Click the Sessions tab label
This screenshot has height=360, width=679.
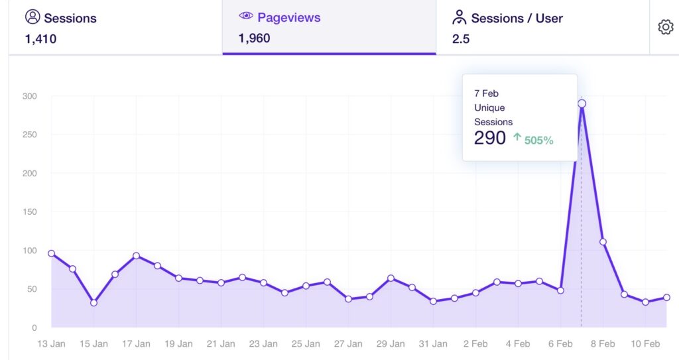(x=70, y=18)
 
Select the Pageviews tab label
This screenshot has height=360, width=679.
(x=288, y=18)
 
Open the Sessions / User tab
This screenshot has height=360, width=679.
(x=517, y=18)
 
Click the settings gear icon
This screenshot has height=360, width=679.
(x=665, y=27)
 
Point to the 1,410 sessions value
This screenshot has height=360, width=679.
(x=40, y=39)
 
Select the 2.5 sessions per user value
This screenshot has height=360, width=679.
(x=461, y=39)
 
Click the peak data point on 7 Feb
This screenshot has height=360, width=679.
(x=582, y=103)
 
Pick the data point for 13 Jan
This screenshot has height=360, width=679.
(x=52, y=253)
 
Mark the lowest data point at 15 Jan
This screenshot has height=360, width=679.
(x=93, y=303)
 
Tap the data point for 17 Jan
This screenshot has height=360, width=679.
(x=136, y=256)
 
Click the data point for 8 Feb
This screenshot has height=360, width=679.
(x=603, y=242)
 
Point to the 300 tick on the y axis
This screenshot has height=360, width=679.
(x=29, y=96)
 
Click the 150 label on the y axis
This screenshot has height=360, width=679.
(x=29, y=212)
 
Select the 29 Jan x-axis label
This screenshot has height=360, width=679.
(x=391, y=344)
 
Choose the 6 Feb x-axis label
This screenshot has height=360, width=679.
(x=560, y=344)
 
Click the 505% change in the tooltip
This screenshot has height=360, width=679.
(x=538, y=140)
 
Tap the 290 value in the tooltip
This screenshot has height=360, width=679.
(x=489, y=138)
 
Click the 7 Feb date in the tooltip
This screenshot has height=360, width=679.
(x=486, y=93)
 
